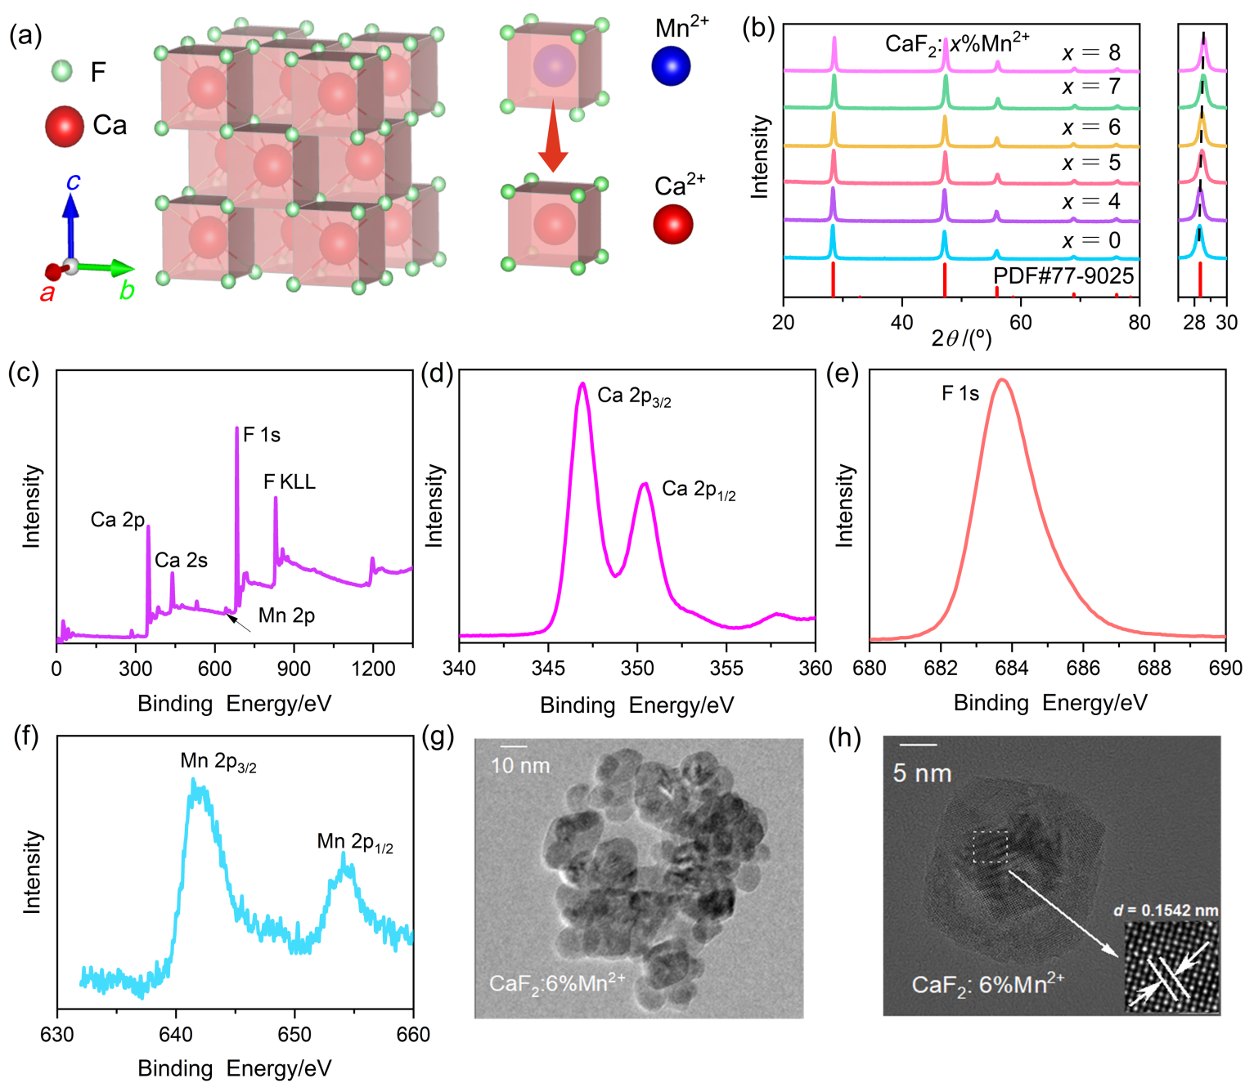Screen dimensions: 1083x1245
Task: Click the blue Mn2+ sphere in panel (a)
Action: pos(671,66)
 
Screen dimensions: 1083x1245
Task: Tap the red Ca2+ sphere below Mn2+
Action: pos(673,224)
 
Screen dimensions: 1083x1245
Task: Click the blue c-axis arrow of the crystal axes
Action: pos(71,221)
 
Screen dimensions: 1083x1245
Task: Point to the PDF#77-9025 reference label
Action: pos(1063,275)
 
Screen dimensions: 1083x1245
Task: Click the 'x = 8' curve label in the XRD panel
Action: pos(1091,53)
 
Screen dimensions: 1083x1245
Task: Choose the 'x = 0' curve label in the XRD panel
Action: pos(1091,240)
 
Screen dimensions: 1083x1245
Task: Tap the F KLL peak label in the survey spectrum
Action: pos(290,481)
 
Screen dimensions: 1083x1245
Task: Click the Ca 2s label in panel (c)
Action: pos(181,560)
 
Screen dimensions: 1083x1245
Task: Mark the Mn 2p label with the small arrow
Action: pos(286,615)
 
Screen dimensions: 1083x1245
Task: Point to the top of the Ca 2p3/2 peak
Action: pos(582,383)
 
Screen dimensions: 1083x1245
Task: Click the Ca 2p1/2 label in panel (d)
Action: pos(699,490)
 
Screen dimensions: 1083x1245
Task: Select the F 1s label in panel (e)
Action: pos(960,393)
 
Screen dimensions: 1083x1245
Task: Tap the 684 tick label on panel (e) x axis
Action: pos(1012,668)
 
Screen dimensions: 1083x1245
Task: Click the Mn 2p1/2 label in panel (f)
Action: pos(355,842)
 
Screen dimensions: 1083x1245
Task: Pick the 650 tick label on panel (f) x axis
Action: pos(294,1034)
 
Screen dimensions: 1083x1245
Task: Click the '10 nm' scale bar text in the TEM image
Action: pos(520,766)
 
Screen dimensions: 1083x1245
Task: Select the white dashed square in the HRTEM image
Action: pos(990,847)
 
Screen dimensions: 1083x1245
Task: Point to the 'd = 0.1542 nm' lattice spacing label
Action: pos(1166,910)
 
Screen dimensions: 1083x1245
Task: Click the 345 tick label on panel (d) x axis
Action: pos(548,668)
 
